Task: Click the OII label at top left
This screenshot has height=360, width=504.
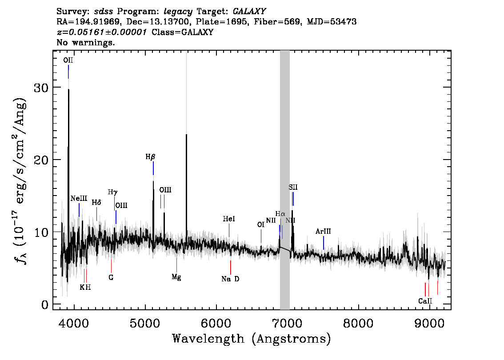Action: [x=68, y=60]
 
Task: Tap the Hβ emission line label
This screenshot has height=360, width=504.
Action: [x=150, y=157]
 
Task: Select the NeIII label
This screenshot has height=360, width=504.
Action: [x=79, y=198]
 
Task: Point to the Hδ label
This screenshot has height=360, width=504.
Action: [x=96, y=203]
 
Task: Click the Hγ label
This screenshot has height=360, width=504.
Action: [x=112, y=192]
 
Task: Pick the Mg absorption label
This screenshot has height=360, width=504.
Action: [x=176, y=277]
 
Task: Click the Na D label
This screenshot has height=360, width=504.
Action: [x=231, y=279]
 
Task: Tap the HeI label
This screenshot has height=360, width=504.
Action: [x=229, y=219]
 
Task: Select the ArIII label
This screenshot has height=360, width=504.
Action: [x=323, y=232]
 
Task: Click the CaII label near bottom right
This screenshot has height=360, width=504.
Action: [x=425, y=301]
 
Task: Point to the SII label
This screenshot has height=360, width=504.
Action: [x=293, y=187]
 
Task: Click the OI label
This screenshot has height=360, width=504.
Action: [x=261, y=225]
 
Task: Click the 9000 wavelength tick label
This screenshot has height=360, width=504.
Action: [x=429, y=323]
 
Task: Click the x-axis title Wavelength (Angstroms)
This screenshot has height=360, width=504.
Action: [x=252, y=339]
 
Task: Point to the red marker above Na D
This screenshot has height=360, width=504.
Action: [x=231, y=268]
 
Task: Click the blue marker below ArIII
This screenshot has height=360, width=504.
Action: [x=324, y=243]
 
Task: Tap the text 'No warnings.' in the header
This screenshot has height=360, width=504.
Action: [x=85, y=42]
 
